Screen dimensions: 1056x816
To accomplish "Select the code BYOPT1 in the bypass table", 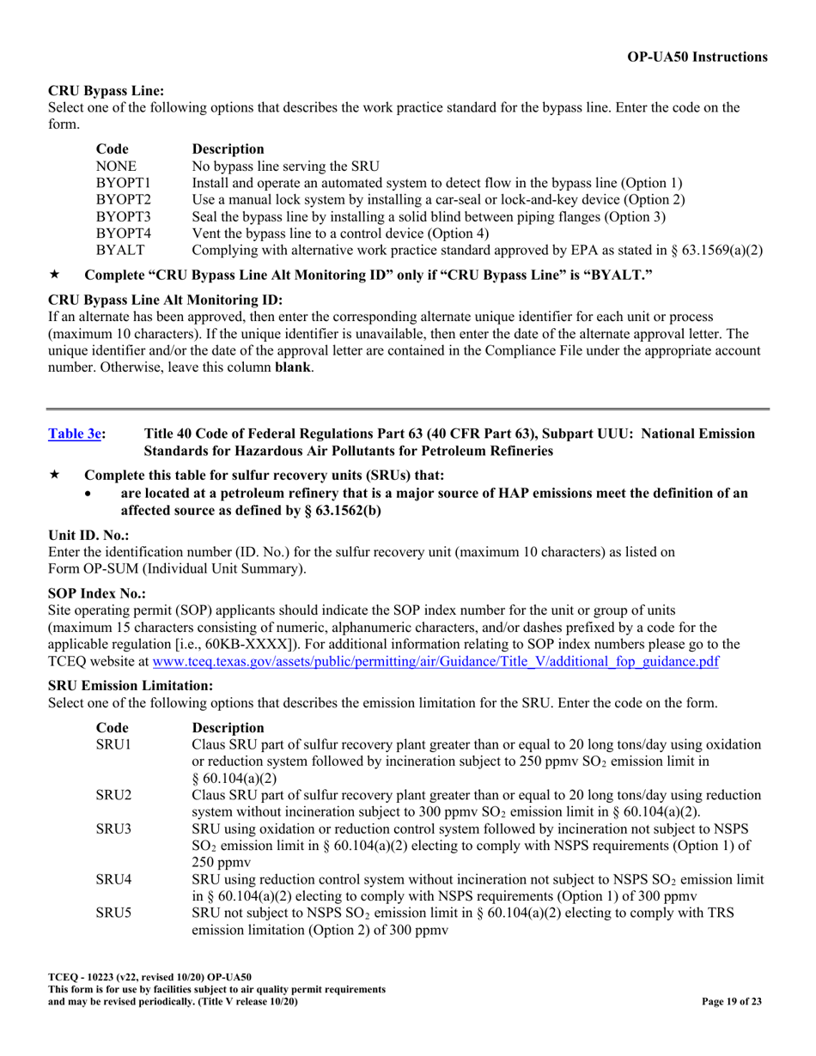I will coord(123,183).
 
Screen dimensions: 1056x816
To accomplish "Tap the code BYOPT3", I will coord(123,216).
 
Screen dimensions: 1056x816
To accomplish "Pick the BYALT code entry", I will coord(120,250).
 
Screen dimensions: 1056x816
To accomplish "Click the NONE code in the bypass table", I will coord(116,166).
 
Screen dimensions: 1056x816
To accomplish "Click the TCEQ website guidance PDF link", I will coord(435,661).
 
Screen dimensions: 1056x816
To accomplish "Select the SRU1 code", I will coord(113,743).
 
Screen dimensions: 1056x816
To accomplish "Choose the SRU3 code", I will coord(113,828).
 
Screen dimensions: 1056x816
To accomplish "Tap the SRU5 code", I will coord(113,913).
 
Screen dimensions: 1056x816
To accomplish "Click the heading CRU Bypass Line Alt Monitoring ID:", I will coord(165,300).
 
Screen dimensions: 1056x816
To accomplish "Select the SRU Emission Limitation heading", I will coord(130,685).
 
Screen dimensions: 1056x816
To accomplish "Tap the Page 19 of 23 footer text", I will coord(731,1001).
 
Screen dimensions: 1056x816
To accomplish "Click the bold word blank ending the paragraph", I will coord(293,367).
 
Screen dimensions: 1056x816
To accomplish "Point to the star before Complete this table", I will coord(54,476).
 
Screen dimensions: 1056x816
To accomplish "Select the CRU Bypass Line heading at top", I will coord(106,90).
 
